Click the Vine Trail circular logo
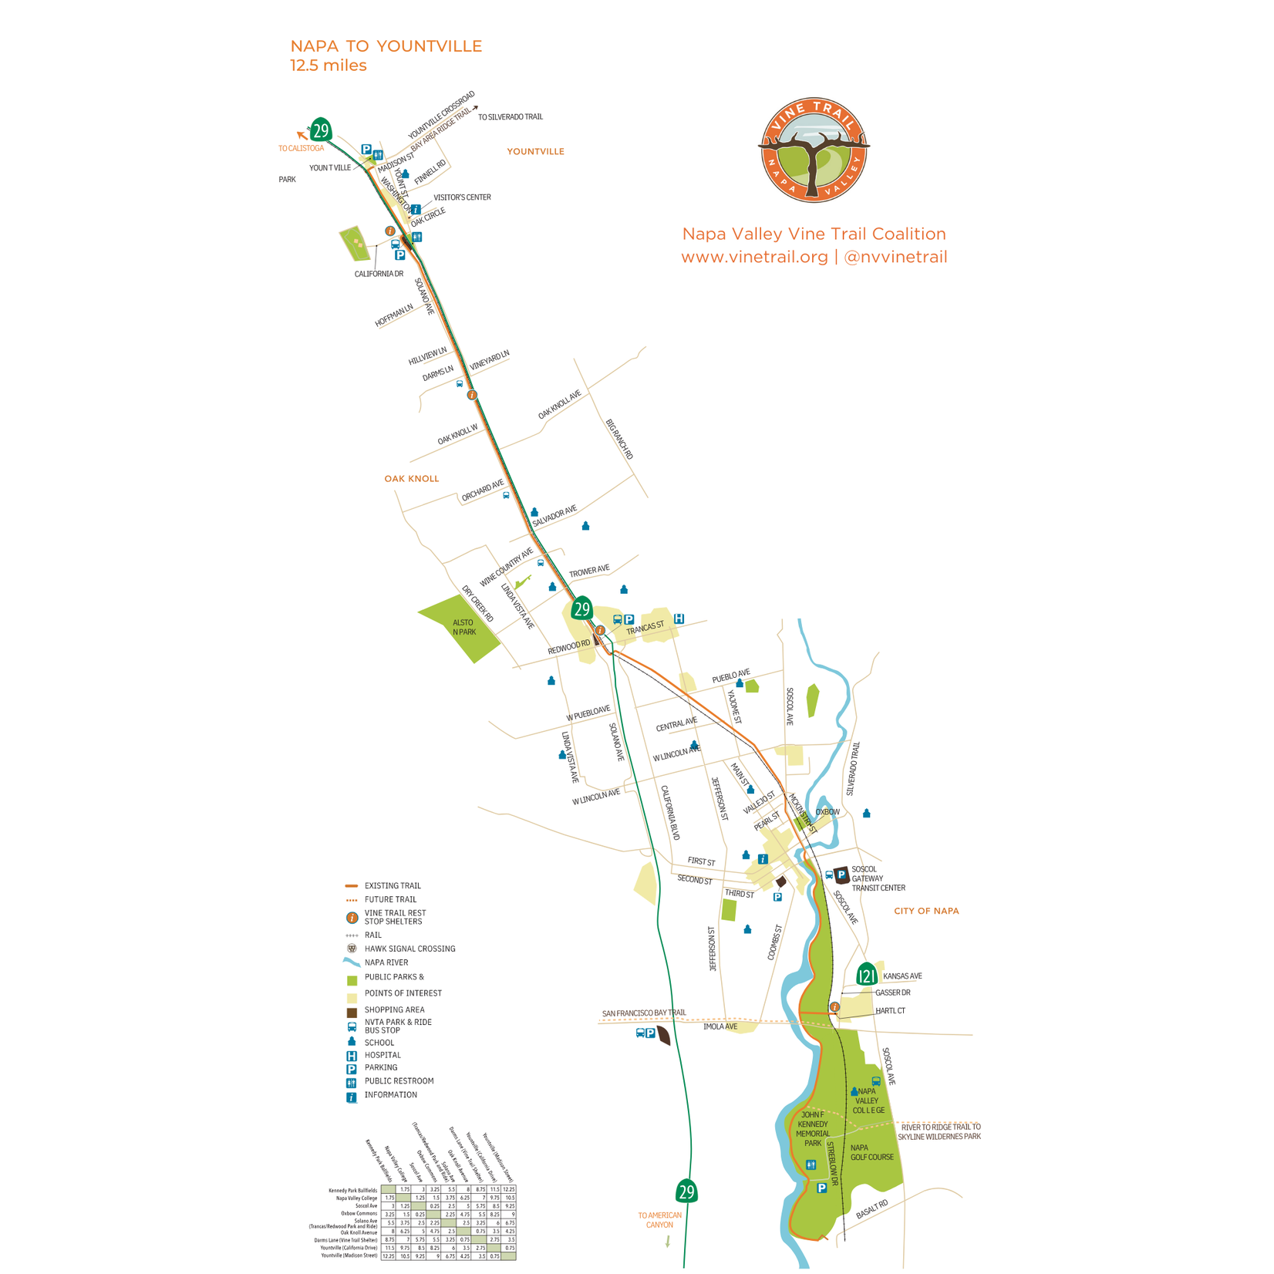[x=814, y=150]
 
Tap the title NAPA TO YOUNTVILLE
[x=386, y=46]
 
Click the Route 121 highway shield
[x=867, y=976]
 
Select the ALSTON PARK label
[x=463, y=627]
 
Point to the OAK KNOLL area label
[x=411, y=479]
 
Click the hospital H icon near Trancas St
[x=679, y=618]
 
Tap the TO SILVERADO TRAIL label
[x=510, y=117]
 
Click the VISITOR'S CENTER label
[x=462, y=197]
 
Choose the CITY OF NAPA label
[x=926, y=911]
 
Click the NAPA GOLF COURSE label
[x=871, y=1152]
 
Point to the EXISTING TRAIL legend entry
[x=392, y=885]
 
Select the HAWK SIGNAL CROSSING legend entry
[x=409, y=949]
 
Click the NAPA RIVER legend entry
[x=386, y=962]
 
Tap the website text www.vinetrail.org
[x=754, y=257]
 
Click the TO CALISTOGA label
[x=301, y=148]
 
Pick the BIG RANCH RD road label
[x=619, y=440]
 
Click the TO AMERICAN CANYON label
[x=659, y=1220]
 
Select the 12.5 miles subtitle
[x=328, y=66]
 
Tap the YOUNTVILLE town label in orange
[x=535, y=152]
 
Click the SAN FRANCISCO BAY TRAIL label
[x=643, y=1013]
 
